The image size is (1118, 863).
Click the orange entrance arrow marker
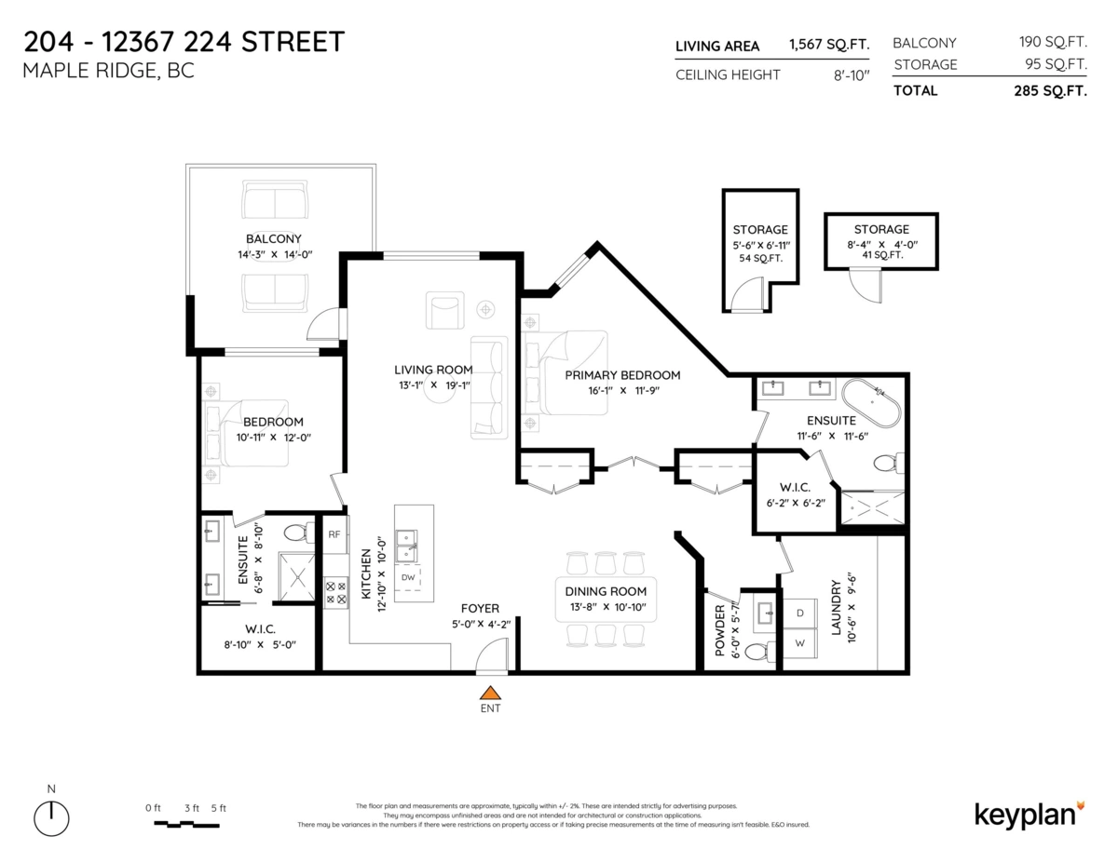pyautogui.click(x=490, y=692)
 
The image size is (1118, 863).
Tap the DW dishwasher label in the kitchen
pyautogui.click(x=408, y=577)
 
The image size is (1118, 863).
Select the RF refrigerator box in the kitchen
pyautogui.click(x=334, y=534)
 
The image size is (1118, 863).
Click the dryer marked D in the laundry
pyautogui.click(x=799, y=614)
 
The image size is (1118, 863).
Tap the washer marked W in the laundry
pyautogui.click(x=799, y=643)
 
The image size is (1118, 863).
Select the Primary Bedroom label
pyautogui.click(x=622, y=375)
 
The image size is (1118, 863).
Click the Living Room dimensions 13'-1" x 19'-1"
pyautogui.click(x=432, y=384)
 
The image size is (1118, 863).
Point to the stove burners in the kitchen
pyautogui.click(x=334, y=593)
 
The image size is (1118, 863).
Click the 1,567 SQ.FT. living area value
pyautogui.click(x=828, y=46)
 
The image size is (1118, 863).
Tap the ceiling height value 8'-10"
pyautogui.click(x=851, y=74)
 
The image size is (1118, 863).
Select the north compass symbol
pyautogui.click(x=51, y=817)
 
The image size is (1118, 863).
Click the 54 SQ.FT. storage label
pyautogui.click(x=760, y=257)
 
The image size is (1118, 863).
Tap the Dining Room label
pyautogui.click(x=606, y=591)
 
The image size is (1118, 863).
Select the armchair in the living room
pyautogui.click(x=444, y=311)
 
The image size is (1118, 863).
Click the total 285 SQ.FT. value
pyautogui.click(x=1050, y=91)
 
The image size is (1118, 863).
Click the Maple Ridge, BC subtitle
pyautogui.click(x=108, y=71)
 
